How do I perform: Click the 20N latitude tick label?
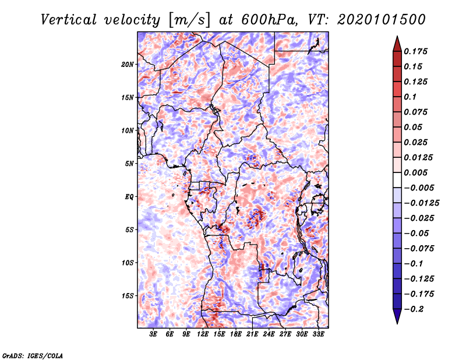pyautogui.click(x=128, y=64)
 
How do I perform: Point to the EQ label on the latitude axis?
pyautogui.click(x=129, y=197)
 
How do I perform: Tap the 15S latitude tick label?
pyautogui.click(x=128, y=296)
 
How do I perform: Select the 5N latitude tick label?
pyautogui.click(x=129, y=164)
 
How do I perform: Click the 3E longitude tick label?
pyautogui.click(x=153, y=334)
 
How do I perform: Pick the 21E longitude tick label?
pyautogui.click(x=252, y=334)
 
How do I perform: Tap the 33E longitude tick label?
pyautogui.click(x=318, y=334)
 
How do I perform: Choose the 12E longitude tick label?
pyautogui.click(x=203, y=334)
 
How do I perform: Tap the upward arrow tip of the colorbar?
pyautogui.click(x=396, y=38)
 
